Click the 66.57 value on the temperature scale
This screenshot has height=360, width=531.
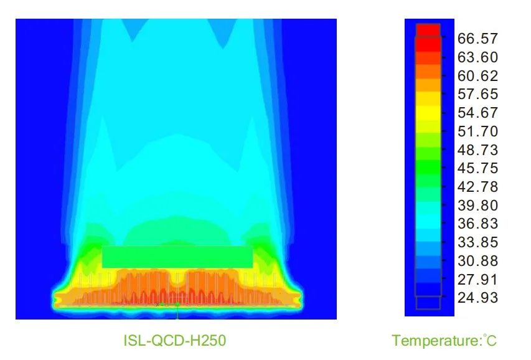(x=477, y=39)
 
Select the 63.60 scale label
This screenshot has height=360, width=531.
(x=477, y=57)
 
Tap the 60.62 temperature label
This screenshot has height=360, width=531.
(x=477, y=76)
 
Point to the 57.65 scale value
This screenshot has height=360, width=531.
(x=477, y=94)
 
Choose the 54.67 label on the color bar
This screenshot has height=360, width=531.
(x=477, y=113)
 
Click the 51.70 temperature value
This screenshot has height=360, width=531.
(x=477, y=131)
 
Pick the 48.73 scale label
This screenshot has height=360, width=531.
(x=477, y=149)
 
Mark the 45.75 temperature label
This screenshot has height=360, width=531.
(x=477, y=168)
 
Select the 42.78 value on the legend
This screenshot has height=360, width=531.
(x=477, y=187)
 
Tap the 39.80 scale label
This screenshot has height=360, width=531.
(x=477, y=205)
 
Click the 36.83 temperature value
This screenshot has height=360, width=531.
(x=477, y=224)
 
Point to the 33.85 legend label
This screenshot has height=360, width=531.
(x=477, y=242)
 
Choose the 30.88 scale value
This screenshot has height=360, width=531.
(x=477, y=260)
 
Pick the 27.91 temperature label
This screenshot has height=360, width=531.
(x=477, y=279)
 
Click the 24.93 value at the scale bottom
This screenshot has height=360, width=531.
(x=477, y=298)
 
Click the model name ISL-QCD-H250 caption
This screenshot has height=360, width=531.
(x=174, y=340)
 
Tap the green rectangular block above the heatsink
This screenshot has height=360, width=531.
(x=177, y=257)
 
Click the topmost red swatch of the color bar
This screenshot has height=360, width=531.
(x=428, y=30)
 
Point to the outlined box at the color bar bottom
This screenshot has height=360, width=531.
(x=428, y=303)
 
